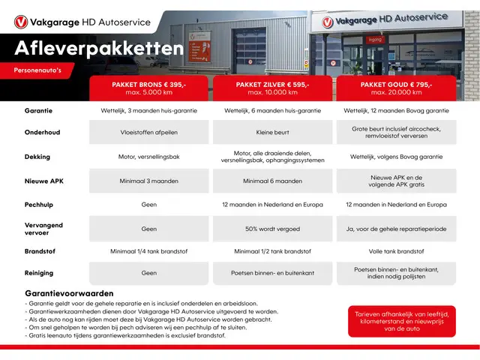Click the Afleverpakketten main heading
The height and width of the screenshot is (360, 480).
coord(99,49)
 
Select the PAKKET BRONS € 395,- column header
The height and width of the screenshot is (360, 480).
coord(148,88)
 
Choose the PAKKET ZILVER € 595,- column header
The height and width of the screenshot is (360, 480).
coord(272,88)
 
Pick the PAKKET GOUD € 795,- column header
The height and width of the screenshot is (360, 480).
coord(397,88)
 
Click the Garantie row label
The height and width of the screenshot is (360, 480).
coord(38,110)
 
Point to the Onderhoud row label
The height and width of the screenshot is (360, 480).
coord(42,133)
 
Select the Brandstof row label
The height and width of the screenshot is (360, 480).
coord(40,251)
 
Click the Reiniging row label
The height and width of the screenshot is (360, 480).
coord(39,274)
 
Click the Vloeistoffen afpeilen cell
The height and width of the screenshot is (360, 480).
coord(148,133)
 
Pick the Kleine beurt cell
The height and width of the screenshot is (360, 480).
coord(272,133)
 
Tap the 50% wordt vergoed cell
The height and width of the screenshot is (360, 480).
coord(272,228)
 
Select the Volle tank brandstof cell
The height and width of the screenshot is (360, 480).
coord(397,251)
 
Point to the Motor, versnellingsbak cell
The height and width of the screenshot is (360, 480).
coord(148,157)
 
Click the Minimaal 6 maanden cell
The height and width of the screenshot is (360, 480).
coord(272,181)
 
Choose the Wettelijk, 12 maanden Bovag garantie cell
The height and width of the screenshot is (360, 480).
coord(397,110)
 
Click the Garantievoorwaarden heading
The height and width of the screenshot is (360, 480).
coord(69,293)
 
